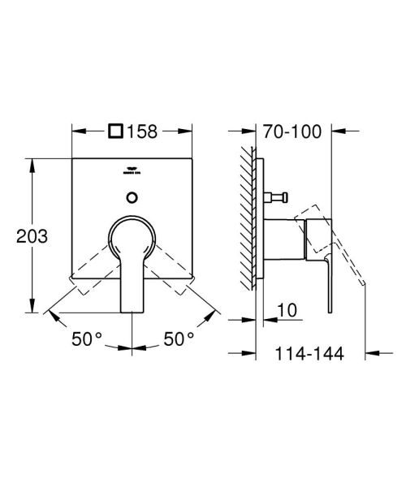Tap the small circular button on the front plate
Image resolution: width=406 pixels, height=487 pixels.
tap(132, 196)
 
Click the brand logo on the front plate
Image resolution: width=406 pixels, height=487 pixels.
tap(132, 171)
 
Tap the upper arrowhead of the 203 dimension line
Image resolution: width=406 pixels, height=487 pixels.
tap(32, 163)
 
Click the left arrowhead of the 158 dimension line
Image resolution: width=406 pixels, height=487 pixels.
tap(78, 129)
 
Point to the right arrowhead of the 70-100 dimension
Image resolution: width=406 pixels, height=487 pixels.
tap(334, 130)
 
